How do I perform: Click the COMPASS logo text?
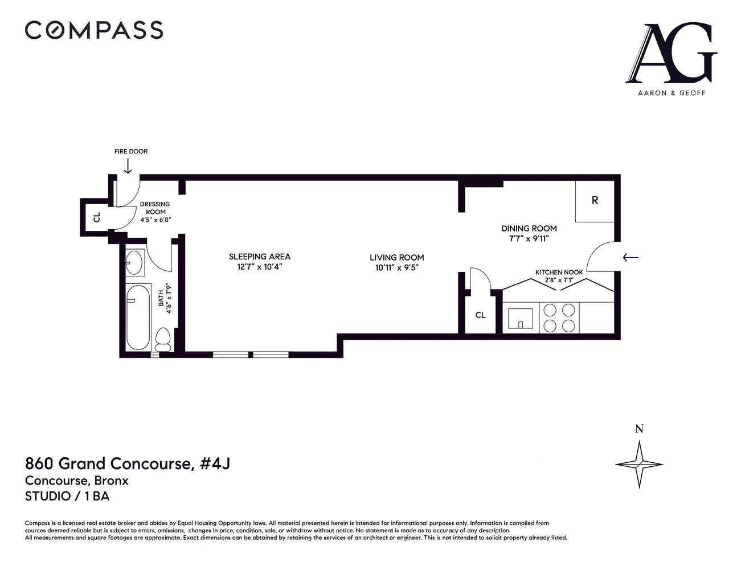(x=94, y=30)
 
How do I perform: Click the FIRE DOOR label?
(x=130, y=152)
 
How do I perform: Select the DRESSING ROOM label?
(x=155, y=207)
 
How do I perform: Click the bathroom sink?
(x=134, y=262)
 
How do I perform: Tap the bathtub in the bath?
(x=138, y=317)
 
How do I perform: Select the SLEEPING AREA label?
(x=260, y=256)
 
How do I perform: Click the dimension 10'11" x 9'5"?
(x=396, y=268)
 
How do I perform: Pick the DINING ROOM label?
(x=529, y=229)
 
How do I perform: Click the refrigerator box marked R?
(x=595, y=201)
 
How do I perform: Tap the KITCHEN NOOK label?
(x=559, y=272)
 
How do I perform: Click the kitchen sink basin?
(x=521, y=319)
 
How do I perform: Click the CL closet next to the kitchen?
(x=481, y=315)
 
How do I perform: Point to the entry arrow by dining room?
(x=630, y=258)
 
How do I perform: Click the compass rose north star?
(x=639, y=463)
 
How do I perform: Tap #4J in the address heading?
(x=215, y=463)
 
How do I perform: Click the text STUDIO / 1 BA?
(x=67, y=496)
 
